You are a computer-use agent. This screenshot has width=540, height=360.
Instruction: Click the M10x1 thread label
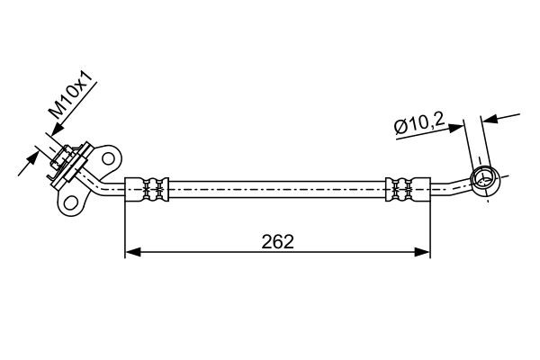tap(70, 94)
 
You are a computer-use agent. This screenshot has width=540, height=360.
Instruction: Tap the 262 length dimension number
tap(277, 241)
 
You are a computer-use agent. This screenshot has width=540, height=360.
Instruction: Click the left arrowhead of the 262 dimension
tap(133, 252)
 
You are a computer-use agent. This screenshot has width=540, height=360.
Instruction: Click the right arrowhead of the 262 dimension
tap(422, 252)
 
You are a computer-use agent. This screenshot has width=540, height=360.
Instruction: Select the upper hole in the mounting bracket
tap(108, 158)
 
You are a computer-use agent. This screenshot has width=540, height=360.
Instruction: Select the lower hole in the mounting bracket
tap(70, 202)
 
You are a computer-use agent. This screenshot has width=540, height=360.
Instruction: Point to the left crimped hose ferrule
tap(147, 189)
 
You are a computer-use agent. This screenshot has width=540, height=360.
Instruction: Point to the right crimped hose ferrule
tap(408, 189)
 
